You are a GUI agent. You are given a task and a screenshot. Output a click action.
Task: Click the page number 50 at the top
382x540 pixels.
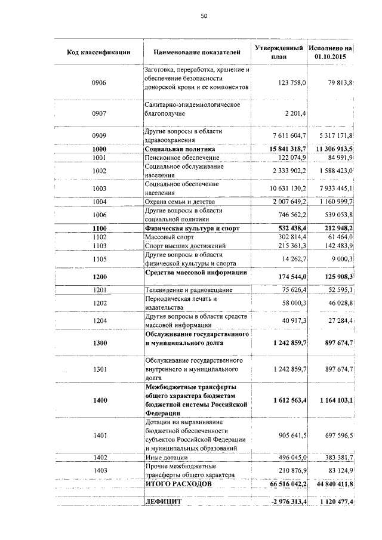click(x=204, y=16)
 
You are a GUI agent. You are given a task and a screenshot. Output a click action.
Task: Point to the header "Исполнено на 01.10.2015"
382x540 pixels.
click(x=330, y=51)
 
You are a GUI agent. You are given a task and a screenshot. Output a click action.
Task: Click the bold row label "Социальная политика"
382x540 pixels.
click(x=180, y=149)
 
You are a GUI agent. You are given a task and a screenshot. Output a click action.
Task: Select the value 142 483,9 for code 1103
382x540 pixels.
click(x=336, y=246)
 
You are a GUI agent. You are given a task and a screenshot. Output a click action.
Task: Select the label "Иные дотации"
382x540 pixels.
click(x=164, y=457)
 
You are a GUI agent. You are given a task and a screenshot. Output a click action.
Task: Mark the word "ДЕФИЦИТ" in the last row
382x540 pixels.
click(x=163, y=503)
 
